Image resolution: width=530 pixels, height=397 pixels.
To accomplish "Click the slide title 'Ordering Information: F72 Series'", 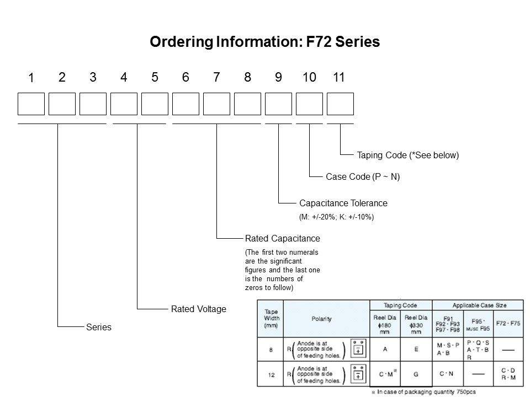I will pyautogui.click(x=264, y=42).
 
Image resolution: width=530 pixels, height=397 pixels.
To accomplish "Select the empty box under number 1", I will pyautogui.click(x=31, y=104).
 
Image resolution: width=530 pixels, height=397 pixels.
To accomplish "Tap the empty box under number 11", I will pyautogui.click(x=340, y=104).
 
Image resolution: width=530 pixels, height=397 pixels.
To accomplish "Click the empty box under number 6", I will pyautogui.click(x=185, y=104).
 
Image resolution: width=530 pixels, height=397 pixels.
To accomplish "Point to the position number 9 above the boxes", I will pyautogui.click(x=278, y=78).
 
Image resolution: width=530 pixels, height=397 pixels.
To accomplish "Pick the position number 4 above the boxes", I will pyautogui.click(x=124, y=78).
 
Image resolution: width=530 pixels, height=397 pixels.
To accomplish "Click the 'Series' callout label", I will pyautogui.click(x=99, y=327).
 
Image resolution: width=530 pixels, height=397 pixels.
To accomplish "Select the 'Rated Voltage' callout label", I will pyautogui.click(x=198, y=309).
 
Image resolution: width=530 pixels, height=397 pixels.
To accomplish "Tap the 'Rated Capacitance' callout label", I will pyautogui.click(x=282, y=238).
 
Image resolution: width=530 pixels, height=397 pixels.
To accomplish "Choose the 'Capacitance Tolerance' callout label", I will pyautogui.click(x=343, y=203).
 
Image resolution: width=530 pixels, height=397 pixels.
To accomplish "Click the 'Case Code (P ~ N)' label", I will pyautogui.click(x=363, y=177).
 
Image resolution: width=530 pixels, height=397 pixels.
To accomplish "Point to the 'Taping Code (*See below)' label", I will pyautogui.click(x=407, y=155).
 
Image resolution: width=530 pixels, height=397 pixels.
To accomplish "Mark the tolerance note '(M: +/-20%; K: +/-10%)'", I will pyautogui.click(x=336, y=217).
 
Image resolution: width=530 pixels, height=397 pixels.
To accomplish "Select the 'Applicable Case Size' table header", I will pyautogui.click(x=479, y=305).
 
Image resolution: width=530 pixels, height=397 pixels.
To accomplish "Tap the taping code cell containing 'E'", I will pyautogui.click(x=416, y=349).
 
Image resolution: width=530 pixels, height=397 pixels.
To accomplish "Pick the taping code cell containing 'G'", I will pyautogui.click(x=416, y=374).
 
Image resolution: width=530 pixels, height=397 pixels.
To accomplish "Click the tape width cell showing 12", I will pyautogui.click(x=271, y=374).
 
